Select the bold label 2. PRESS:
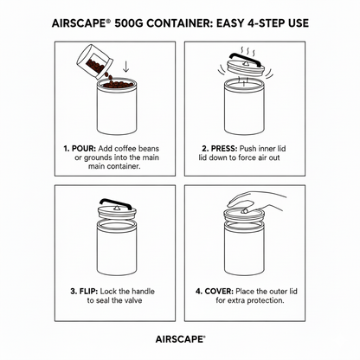[222, 148]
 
